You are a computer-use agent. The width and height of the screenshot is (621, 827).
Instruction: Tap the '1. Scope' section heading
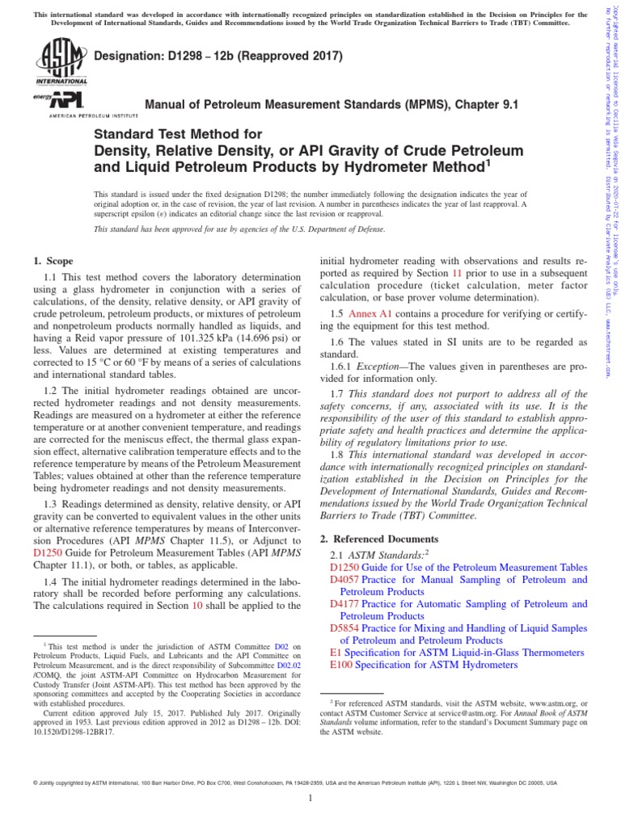point(53,261)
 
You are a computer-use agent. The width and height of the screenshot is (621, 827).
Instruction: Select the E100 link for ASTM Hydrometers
point(341,664)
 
